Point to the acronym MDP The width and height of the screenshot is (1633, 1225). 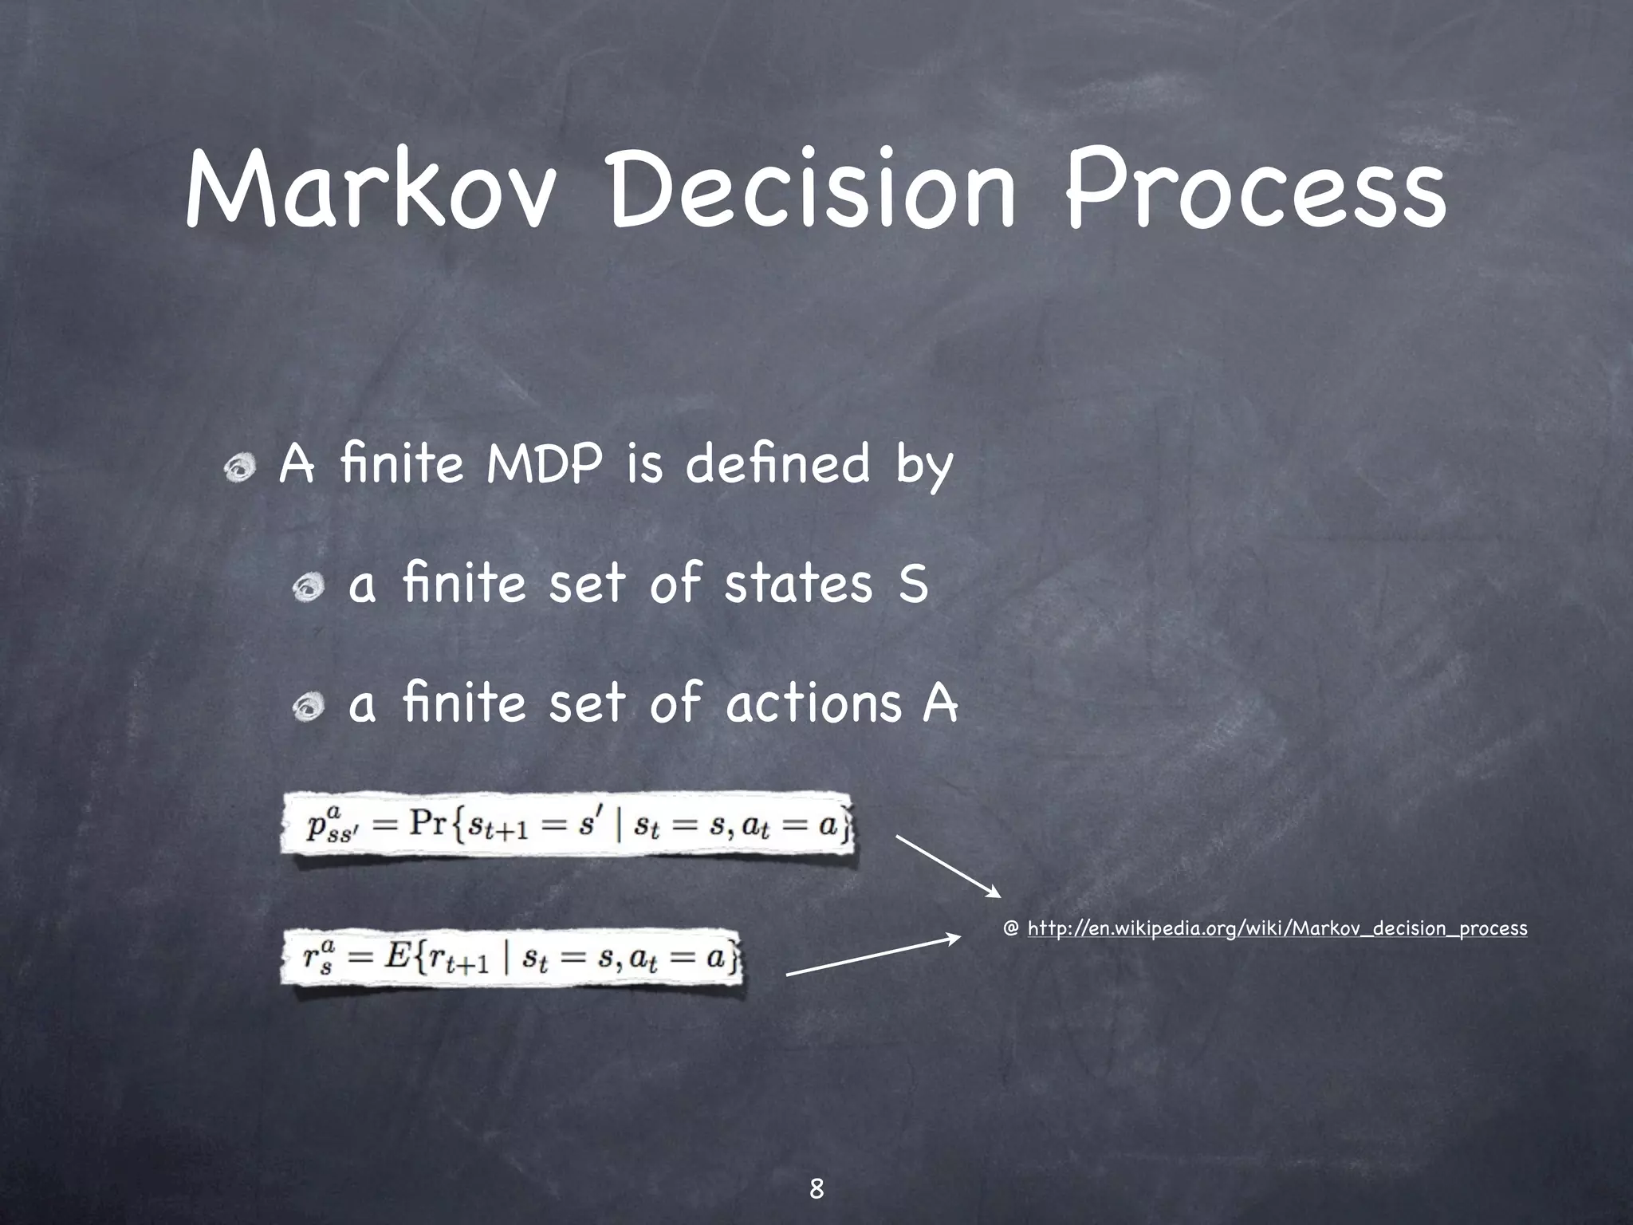pyautogui.click(x=541, y=465)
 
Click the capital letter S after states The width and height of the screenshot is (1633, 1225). pyautogui.click(x=914, y=584)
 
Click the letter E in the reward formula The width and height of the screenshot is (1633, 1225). pyautogui.click(x=396, y=956)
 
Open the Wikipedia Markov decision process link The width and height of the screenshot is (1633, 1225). pyautogui.click(x=1277, y=928)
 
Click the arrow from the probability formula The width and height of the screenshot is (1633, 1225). pyautogui.click(x=948, y=865)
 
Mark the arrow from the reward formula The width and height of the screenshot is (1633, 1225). pyautogui.click(x=874, y=955)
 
